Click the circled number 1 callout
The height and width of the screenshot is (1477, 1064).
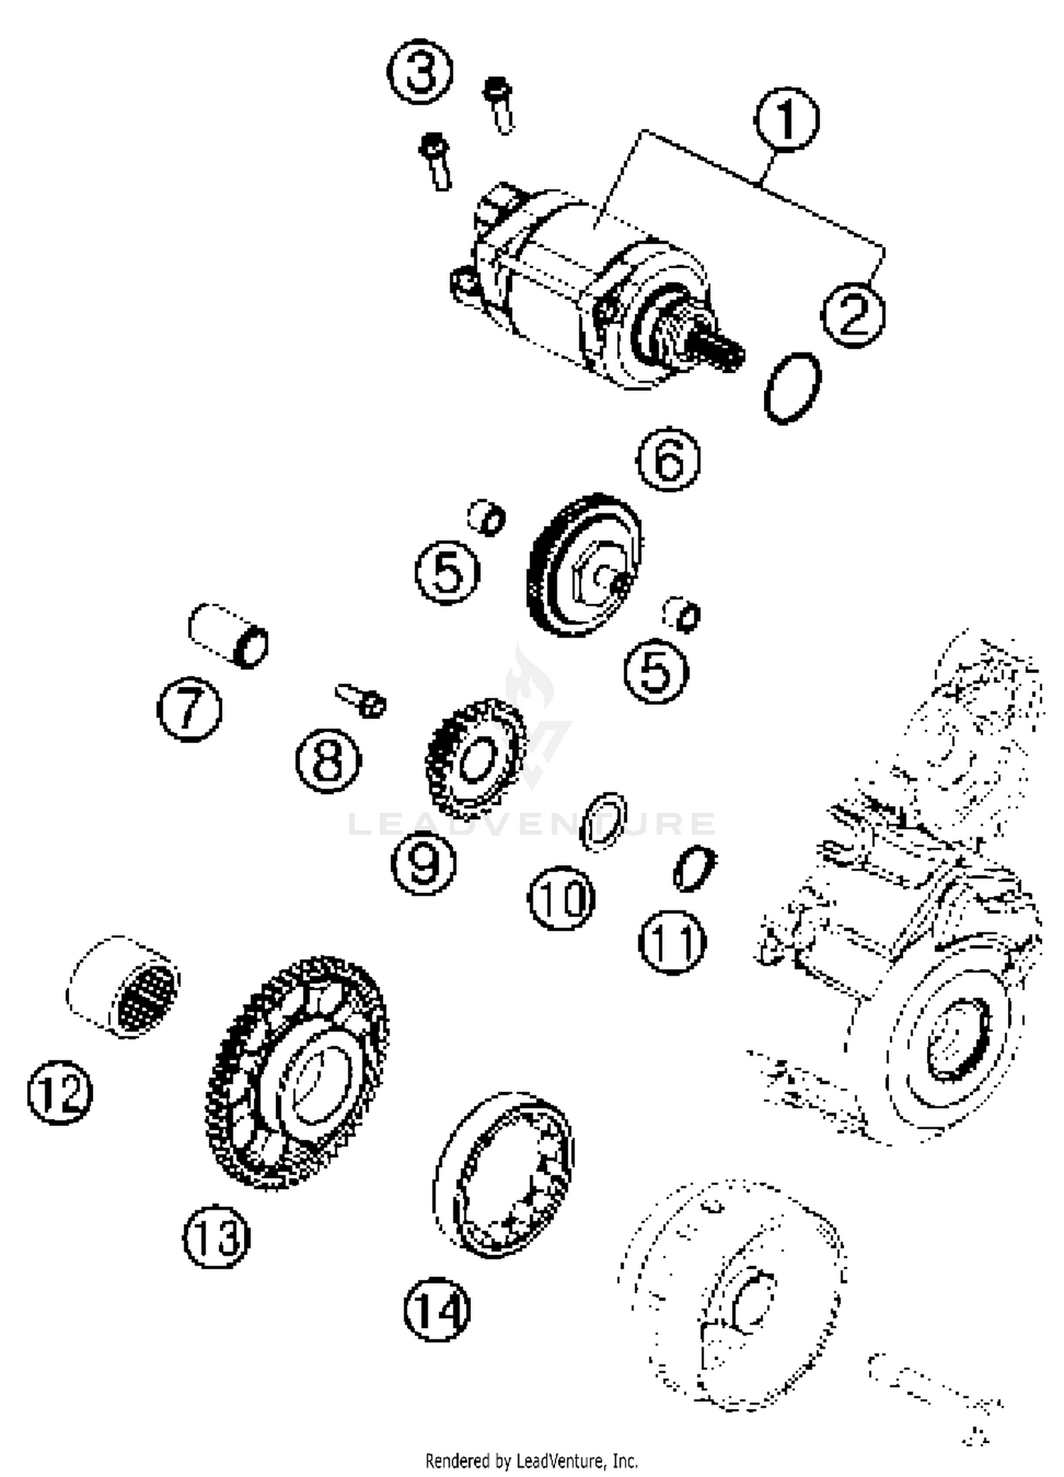786,118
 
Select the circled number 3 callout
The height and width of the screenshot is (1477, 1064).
420,72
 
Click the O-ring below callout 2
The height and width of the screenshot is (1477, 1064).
793,388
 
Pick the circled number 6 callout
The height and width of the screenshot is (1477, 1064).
668,459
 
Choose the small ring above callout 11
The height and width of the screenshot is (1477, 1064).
694,868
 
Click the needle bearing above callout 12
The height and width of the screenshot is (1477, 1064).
125,986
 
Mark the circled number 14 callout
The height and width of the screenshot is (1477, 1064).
437,1309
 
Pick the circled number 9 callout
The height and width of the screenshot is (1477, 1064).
423,862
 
